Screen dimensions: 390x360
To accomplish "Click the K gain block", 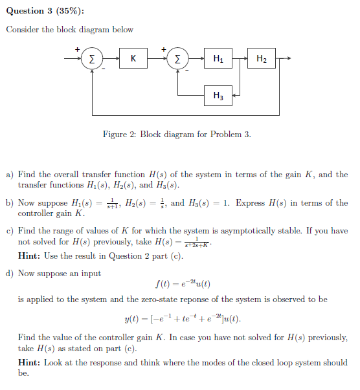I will (x=133, y=60).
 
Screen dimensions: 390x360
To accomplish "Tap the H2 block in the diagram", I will (x=261, y=60).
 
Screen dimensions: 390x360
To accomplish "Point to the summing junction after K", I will (x=177, y=60).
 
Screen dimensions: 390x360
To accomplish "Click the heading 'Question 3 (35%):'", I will (x=45, y=10).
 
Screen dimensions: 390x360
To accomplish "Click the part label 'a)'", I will (x=10, y=175).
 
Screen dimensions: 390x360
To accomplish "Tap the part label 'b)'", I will (x=10, y=203).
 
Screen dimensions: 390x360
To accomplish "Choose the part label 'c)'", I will (x=10, y=231).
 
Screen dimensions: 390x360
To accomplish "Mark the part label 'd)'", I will (x=10, y=274).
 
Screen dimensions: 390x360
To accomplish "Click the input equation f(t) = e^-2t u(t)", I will (x=183, y=284).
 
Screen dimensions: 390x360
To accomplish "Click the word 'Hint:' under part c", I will (x=29, y=256).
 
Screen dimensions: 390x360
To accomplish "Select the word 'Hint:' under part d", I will (x=29, y=362).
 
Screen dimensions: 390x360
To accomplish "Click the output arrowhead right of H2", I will (x=289, y=60).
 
